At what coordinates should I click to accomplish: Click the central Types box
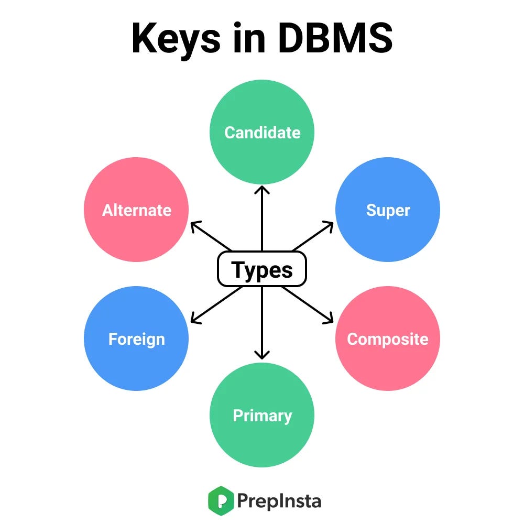pos(262,269)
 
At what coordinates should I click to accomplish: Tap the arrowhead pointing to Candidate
pos(262,189)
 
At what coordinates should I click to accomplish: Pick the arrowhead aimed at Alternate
pos(194,224)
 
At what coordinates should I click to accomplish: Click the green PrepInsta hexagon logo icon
pos(220,501)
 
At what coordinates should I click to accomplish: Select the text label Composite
pos(388,340)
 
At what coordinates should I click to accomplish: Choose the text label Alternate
pos(137,211)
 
